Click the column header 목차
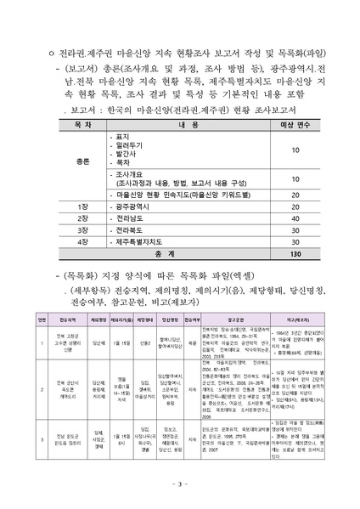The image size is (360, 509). click(x=82, y=123)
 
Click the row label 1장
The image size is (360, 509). click(x=82, y=206)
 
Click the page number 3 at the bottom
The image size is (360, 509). click(x=180, y=484)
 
